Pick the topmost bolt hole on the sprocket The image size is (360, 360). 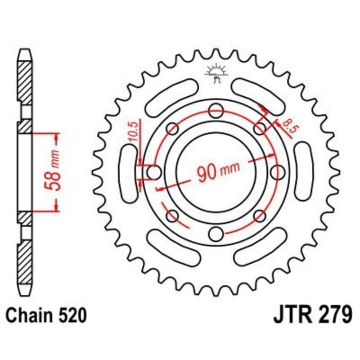(x=216, y=108)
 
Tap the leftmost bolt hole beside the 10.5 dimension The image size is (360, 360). (x=153, y=171)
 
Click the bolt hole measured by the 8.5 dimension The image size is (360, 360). (x=260, y=129)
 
